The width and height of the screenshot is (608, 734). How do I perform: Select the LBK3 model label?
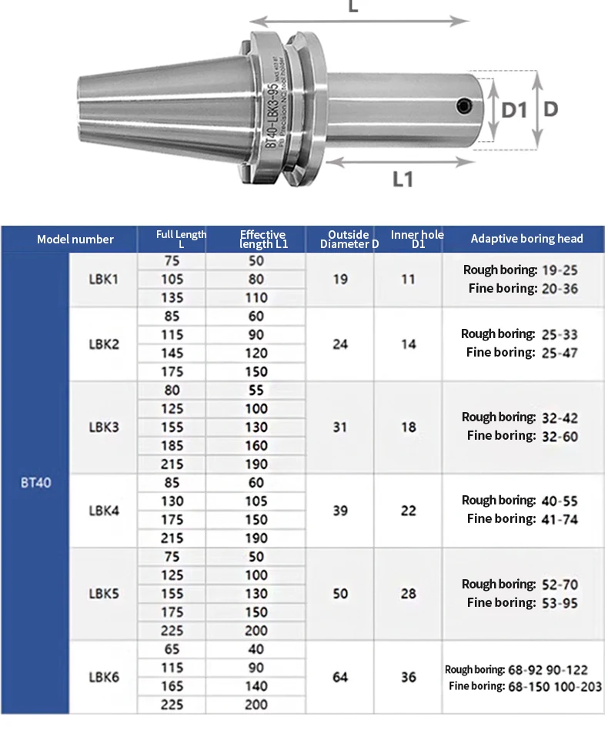104,427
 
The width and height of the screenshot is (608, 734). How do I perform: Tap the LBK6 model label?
104,677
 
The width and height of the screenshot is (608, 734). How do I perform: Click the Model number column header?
75,239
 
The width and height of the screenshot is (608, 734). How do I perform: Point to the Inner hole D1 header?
417,239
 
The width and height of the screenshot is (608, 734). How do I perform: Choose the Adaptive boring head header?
526,239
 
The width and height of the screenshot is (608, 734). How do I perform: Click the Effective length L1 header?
262,239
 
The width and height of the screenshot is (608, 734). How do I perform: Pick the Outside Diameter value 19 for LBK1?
340,280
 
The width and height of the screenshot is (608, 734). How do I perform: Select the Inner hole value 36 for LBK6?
409,677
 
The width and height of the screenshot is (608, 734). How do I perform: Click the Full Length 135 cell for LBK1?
172,298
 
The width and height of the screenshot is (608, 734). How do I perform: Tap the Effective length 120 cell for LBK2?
256,354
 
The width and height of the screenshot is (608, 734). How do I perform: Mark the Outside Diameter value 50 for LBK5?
340,594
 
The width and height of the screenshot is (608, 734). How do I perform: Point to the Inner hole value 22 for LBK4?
409,511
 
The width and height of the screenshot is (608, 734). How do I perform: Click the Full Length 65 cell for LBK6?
172,649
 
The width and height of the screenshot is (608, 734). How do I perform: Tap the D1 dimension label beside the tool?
514,110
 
